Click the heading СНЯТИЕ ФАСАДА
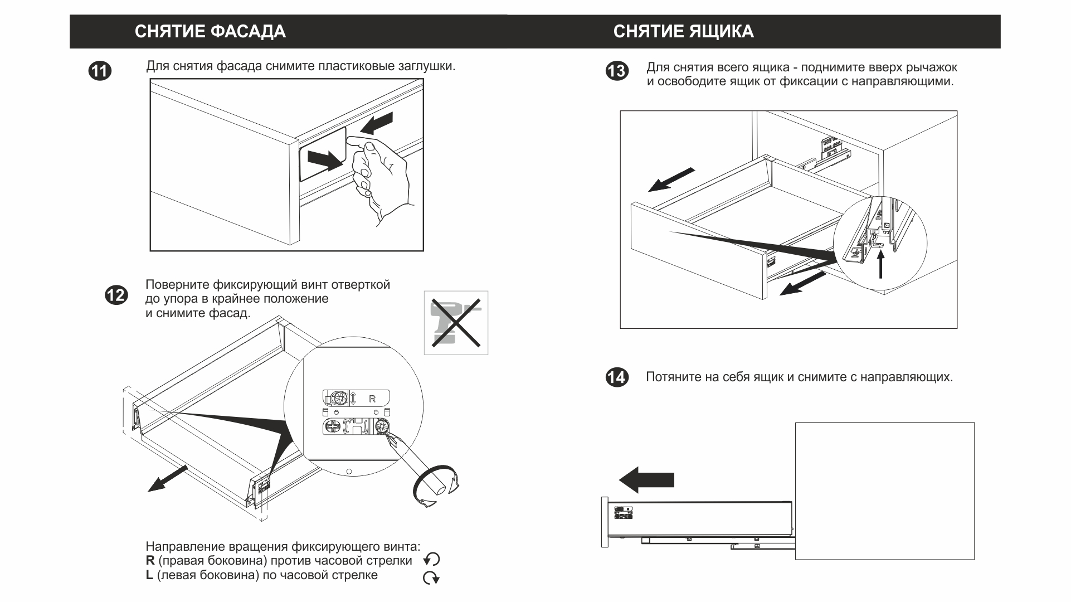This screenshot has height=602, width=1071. (210, 31)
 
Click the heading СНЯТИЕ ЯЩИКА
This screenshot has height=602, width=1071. (683, 31)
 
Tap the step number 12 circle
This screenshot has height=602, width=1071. (116, 295)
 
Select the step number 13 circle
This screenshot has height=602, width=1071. (617, 71)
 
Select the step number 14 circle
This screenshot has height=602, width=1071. (617, 377)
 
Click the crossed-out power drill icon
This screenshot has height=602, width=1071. (456, 323)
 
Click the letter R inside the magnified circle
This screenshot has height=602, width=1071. (372, 399)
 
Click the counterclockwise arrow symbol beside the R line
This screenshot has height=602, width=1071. (432, 560)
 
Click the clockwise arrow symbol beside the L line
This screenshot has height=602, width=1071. (431, 578)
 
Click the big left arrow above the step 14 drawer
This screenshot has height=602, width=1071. (646, 480)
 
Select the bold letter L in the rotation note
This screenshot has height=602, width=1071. (149, 575)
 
